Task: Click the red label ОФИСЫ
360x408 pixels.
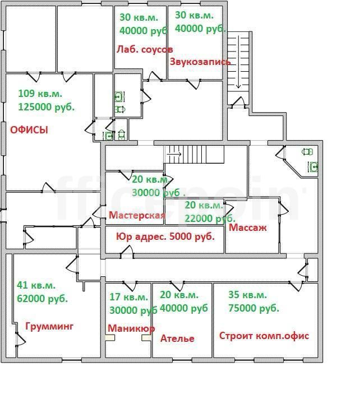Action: [x=29, y=130]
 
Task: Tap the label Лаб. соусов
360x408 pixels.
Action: [x=145, y=49]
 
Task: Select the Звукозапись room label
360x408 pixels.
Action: [x=200, y=62]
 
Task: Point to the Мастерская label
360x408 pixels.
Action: [x=137, y=215]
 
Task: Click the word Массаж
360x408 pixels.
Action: [x=247, y=228]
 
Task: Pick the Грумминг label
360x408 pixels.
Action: [x=49, y=326]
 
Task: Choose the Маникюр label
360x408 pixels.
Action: [x=131, y=328]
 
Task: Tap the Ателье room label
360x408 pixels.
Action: [x=177, y=339]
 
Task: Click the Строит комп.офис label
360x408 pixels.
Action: [x=264, y=336]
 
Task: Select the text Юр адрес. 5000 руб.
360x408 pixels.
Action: [x=165, y=237]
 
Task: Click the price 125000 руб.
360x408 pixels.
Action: [x=47, y=107]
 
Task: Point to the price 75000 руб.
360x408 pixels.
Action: [x=254, y=308]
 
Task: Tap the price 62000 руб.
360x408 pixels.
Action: [x=42, y=299]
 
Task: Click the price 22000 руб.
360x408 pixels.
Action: [x=210, y=219]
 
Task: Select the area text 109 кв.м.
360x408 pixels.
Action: [x=40, y=94]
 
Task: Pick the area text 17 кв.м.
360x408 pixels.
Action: [x=128, y=297]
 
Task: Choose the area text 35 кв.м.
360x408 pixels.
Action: [x=247, y=295]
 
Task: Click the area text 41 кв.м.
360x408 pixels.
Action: [x=36, y=285]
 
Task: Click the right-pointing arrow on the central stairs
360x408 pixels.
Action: [x=174, y=154]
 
